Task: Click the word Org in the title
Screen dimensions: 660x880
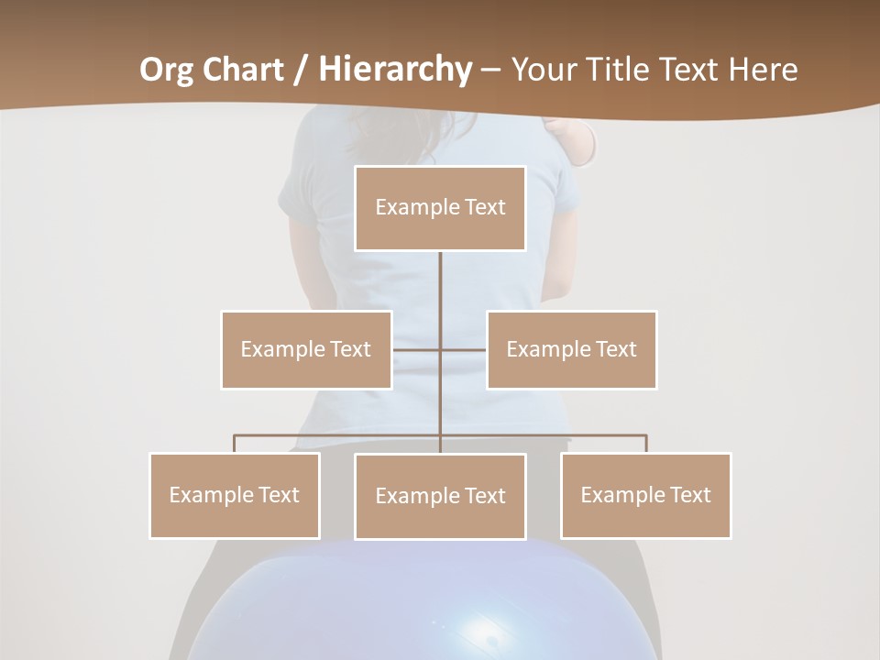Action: pos(167,70)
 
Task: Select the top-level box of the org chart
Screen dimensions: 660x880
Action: pos(440,208)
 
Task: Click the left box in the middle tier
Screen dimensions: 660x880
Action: pos(306,349)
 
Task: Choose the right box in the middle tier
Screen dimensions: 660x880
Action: pos(572,349)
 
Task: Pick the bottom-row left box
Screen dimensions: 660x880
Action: pos(235,495)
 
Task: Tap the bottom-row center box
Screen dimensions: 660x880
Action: pos(440,496)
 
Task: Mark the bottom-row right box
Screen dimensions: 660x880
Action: pos(646,495)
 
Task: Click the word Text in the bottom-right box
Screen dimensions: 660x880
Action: pos(689,495)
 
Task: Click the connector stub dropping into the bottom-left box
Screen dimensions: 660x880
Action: pos(235,444)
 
